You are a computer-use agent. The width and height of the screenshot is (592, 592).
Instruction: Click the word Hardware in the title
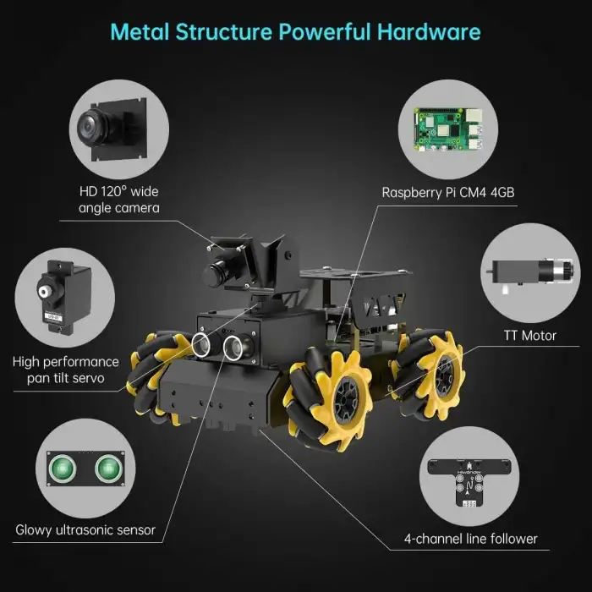429,32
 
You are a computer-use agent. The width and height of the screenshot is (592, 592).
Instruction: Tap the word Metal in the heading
140,32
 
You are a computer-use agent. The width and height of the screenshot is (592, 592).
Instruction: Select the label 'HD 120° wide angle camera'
119,200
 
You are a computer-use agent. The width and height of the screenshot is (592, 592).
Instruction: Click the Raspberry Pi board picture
448,129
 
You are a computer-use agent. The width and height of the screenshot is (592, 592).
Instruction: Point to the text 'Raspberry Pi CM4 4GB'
448,193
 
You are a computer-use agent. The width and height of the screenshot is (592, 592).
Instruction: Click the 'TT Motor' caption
530,335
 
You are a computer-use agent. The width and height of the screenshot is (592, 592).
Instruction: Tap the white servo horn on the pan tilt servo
45,291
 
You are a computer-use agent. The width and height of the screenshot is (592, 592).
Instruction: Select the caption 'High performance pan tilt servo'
66,370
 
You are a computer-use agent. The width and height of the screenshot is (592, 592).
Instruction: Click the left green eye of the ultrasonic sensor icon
63,469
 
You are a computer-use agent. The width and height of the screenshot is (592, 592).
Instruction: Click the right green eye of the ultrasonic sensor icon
109,469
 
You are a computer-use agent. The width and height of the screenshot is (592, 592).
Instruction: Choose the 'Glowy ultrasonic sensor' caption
85,530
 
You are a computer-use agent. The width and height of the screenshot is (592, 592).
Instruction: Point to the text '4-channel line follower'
471,539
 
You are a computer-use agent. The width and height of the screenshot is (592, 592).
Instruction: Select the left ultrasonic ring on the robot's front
201,344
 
